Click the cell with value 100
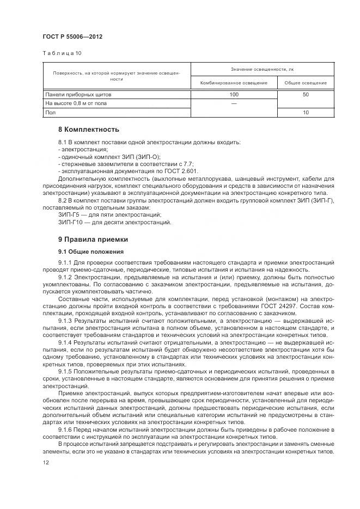[234, 95]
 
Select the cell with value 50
[306, 95]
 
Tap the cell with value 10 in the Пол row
[306, 113]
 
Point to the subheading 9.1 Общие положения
[91, 252]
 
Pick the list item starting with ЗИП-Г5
[113, 215]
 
